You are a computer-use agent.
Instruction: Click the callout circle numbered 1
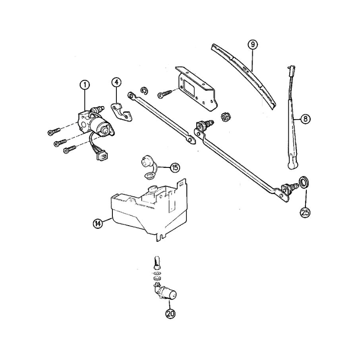coord(85,85)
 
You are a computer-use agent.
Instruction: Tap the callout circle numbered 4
coord(116,83)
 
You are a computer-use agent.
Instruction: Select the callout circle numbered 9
coord(253,45)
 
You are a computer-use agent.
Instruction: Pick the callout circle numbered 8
coord(305,119)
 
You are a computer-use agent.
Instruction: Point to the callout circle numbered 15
coord(175,167)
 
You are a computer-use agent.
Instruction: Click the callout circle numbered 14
coord(98,223)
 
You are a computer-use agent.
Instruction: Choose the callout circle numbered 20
coord(171,314)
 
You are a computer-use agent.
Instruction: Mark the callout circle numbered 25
coord(305,213)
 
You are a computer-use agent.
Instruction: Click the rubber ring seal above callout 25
coord(304,182)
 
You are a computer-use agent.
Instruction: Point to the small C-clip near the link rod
coord(144,91)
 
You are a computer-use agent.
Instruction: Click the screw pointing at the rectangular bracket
coord(165,94)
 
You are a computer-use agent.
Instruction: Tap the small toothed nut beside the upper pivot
coord(225,117)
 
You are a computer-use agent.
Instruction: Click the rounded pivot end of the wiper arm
coord(292,164)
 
